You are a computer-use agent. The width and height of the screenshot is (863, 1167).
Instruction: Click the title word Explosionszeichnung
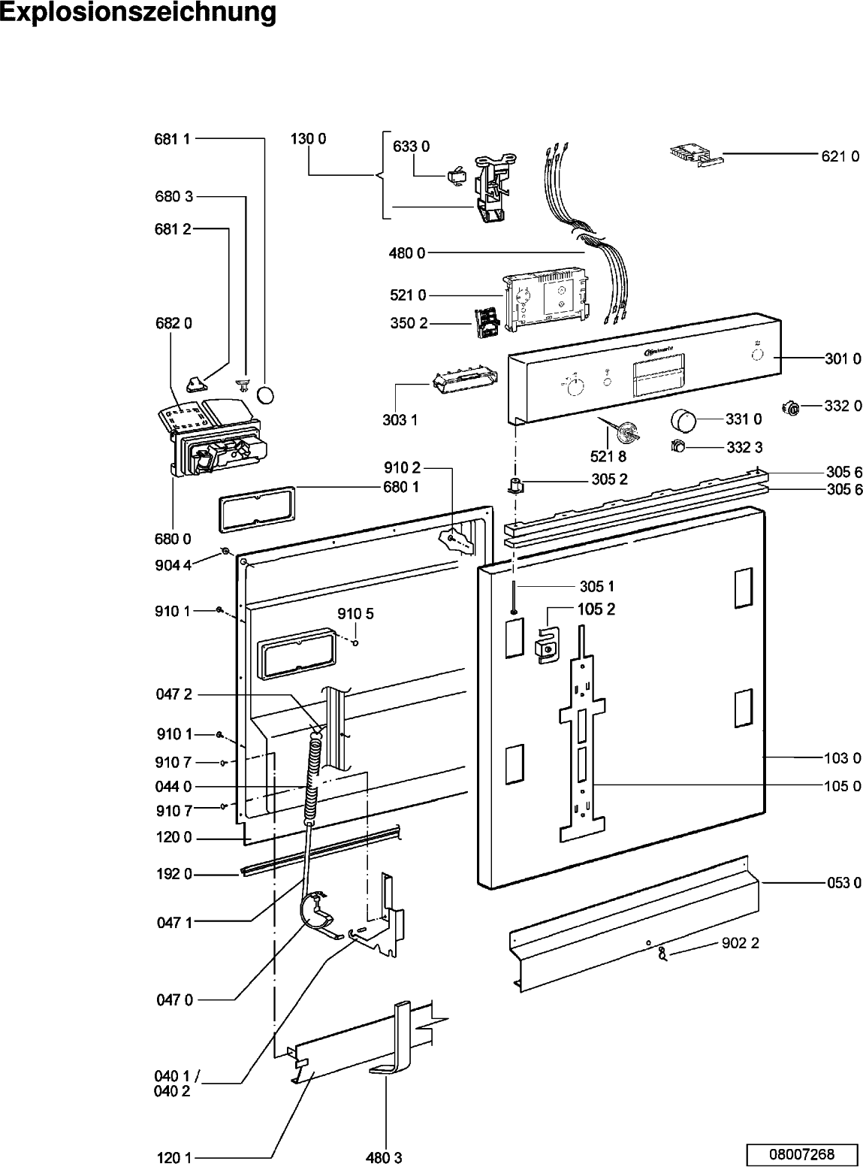click(x=138, y=14)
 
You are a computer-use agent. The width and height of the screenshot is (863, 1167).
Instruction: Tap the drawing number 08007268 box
click(x=801, y=1153)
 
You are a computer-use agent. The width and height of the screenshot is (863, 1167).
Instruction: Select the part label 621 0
click(x=840, y=157)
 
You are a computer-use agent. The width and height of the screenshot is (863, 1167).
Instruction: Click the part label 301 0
click(x=843, y=359)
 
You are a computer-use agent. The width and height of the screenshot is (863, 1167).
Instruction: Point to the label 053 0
click(x=843, y=882)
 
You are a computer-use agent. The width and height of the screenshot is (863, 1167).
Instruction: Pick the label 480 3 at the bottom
click(x=384, y=1158)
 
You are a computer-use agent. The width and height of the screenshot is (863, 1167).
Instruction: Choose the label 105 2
click(x=596, y=609)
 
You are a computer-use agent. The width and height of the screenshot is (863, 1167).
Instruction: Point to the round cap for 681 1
click(x=267, y=394)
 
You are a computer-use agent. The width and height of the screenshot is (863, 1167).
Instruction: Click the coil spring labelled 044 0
click(x=313, y=782)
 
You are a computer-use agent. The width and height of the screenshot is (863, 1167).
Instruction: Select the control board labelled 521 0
click(x=545, y=300)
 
